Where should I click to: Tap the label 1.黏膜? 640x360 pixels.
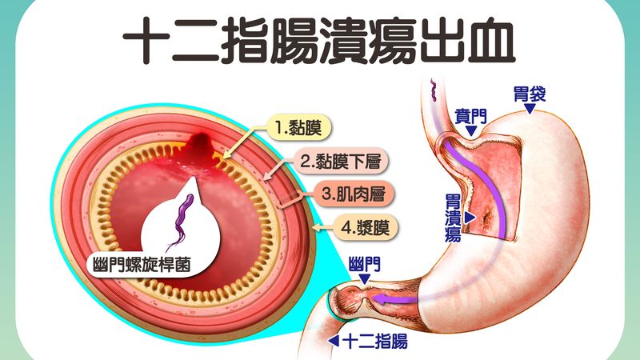pos(298,128)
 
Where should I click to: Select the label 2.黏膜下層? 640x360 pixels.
pos(341,162)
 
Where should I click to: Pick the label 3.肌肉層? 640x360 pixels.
pos(354,194)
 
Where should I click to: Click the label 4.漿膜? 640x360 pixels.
pos(366,227)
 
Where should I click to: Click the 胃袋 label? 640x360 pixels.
pos(530,94)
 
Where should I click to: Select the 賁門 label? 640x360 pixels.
pos(471,116)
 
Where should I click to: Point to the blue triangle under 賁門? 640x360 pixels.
pos(471,130)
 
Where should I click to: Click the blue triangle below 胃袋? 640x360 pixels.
pos(530,108)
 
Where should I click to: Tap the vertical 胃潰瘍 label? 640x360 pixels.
pos(453,218)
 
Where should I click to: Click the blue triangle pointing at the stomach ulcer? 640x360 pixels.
pos(470,218)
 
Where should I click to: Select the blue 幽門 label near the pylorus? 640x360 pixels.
pos(365,265)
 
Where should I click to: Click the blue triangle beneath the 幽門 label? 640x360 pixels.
pos(364,278)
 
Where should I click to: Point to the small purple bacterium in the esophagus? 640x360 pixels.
pos(433,90)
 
